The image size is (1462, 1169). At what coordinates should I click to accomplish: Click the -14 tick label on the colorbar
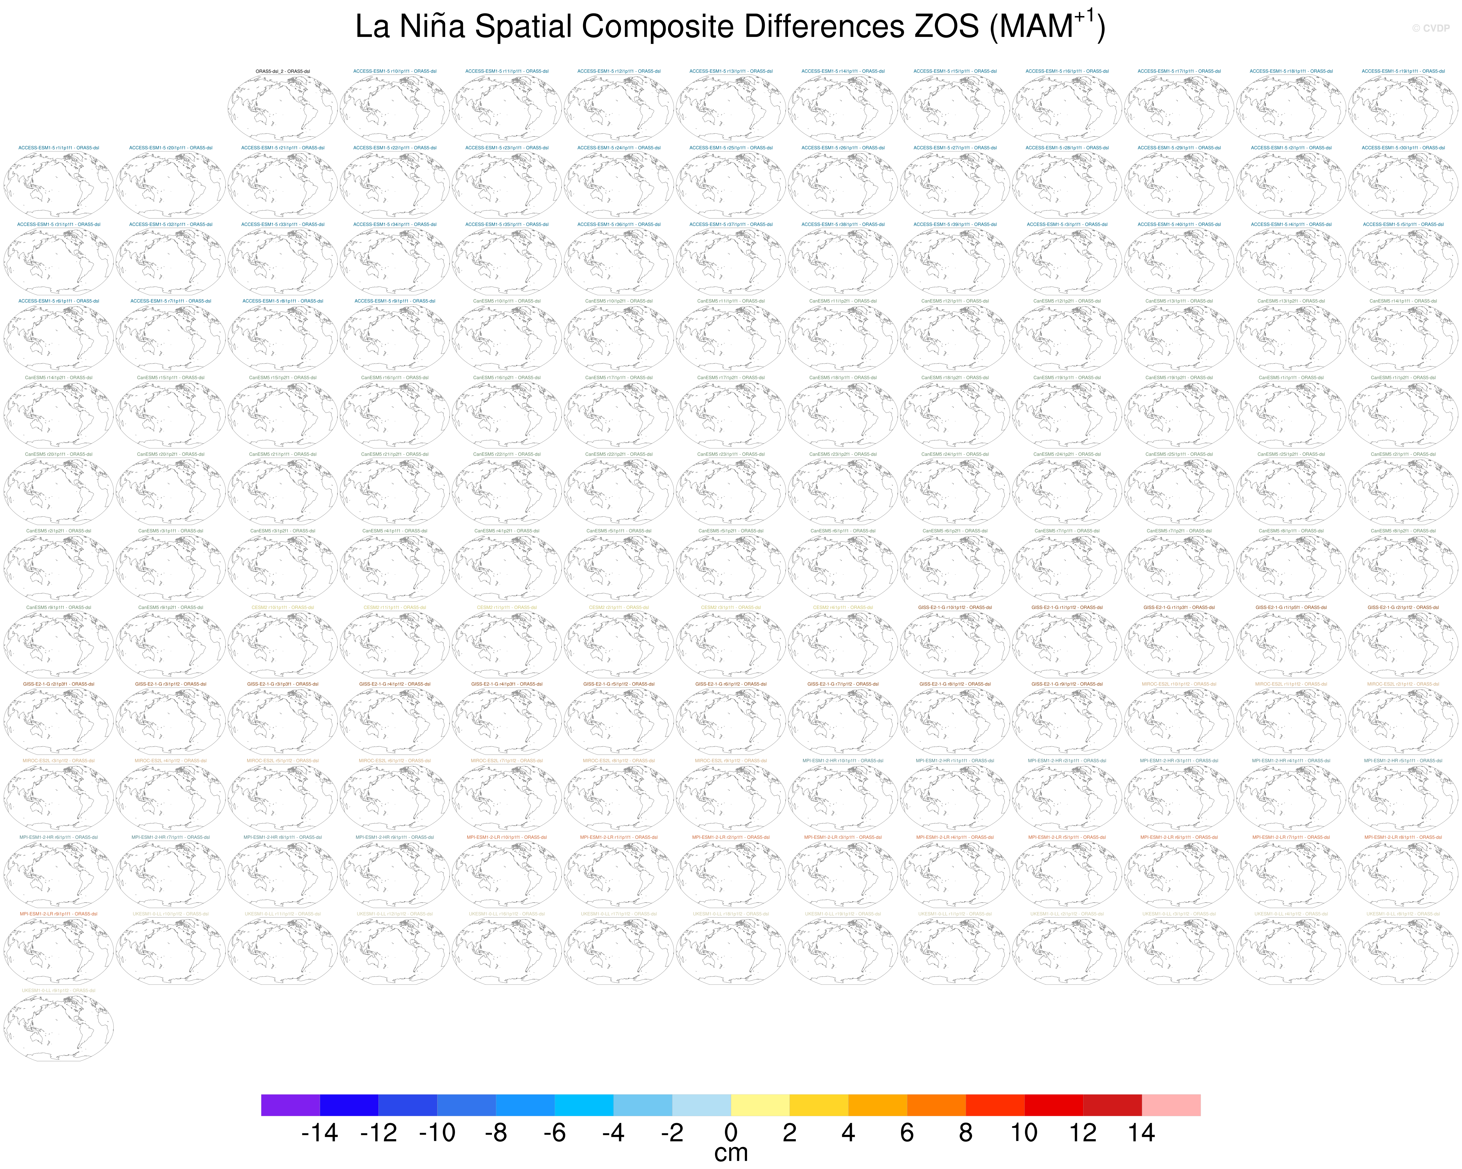click(319, 1132)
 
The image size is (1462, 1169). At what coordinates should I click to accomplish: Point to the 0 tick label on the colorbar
click(730, 1132)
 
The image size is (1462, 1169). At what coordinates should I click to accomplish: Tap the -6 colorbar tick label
click(555, 1132)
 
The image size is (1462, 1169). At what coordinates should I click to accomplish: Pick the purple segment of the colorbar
click(290, 1105)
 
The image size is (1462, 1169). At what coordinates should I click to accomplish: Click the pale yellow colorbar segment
click(759, 1105)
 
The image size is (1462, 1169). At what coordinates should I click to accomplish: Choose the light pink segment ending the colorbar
click(1171, 1105)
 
